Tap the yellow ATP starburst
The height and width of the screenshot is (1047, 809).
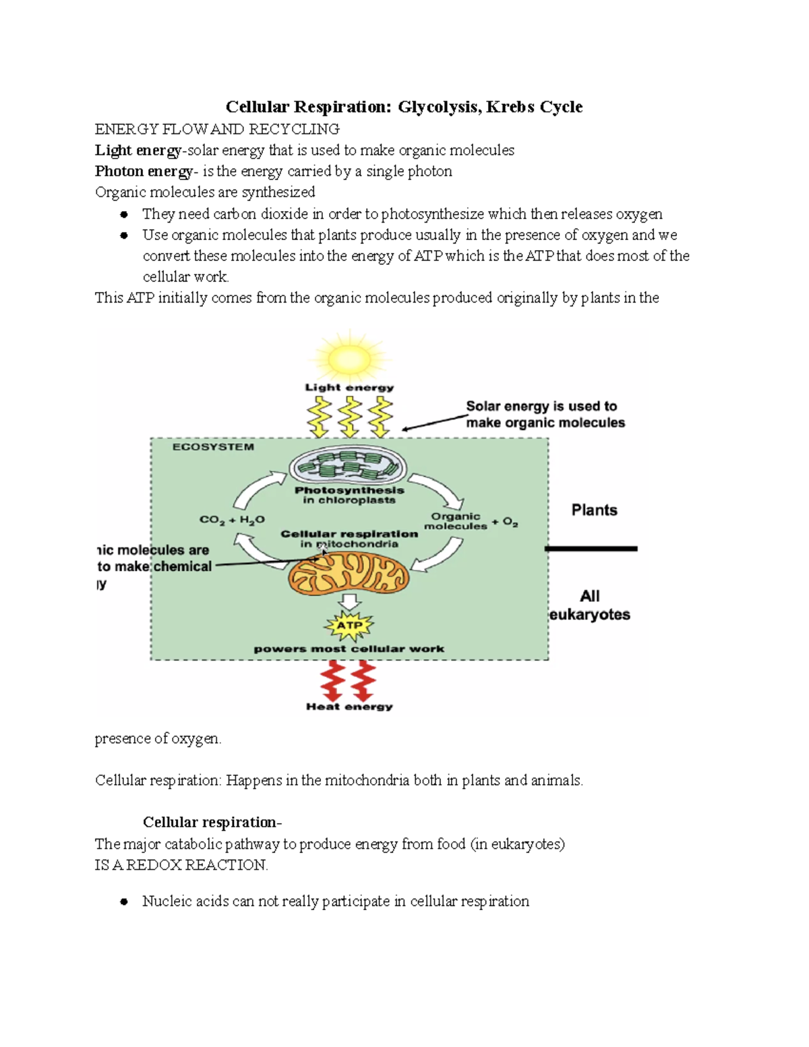(349, 625)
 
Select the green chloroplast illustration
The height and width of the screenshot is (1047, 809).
(349, 467)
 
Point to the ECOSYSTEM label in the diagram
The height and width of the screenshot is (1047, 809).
(213, 447)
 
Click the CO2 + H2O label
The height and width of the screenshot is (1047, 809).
(232, 520)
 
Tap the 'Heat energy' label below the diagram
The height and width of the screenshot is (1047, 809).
(349, 707)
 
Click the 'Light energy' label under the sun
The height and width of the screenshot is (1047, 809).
(349, 388)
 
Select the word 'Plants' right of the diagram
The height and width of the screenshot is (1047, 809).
(594, 510)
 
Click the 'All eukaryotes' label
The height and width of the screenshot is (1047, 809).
(590, 605)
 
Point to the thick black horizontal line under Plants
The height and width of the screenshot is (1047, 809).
(591, 549)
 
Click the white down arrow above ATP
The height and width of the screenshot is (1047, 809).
(349, 601)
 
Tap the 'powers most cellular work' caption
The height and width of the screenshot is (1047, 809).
(349, 649)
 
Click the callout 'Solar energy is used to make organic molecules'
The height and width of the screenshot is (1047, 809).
(545, 415)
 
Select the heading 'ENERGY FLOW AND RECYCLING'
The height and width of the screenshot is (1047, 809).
(217, 129)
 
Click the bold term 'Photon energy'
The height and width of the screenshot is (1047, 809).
(143, 171)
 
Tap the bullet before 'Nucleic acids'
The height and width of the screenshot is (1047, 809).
(124, 902)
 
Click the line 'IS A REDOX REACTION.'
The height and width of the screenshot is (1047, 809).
(181, 865)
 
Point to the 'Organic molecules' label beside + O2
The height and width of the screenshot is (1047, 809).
(456, 521)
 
